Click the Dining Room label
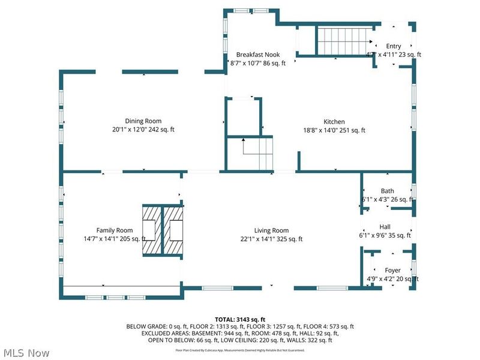143,121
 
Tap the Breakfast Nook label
257,55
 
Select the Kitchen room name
334,122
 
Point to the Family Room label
114,230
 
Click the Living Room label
271,230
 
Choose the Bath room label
387,191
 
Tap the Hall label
385,227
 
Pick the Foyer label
392,271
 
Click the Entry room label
394,46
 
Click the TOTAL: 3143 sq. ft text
239,319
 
